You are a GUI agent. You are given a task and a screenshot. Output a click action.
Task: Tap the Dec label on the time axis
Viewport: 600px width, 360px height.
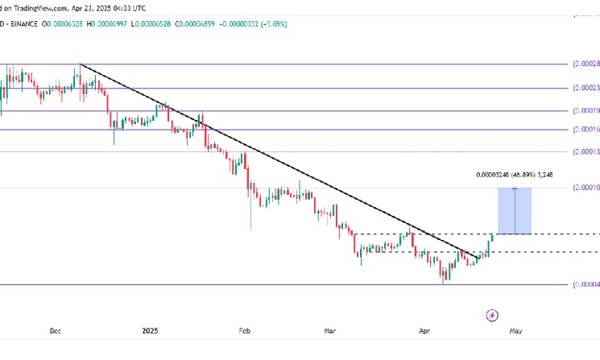pos(56,331)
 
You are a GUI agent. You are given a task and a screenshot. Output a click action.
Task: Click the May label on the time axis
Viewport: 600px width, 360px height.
pos(516,331)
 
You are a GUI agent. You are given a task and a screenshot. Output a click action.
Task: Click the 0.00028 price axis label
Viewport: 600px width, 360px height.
pos(586,64)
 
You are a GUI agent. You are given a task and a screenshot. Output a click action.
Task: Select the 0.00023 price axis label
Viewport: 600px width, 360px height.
pos(586,89)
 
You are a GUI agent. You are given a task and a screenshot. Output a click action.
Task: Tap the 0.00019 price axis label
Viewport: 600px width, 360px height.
pos(586,111)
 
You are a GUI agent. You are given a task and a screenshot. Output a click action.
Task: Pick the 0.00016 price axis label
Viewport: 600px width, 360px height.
pos(586,129)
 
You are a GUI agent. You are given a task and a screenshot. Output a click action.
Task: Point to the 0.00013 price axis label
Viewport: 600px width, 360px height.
pos(586,151)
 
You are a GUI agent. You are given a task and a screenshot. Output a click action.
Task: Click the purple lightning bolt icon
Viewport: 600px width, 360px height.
pos(494,315)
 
